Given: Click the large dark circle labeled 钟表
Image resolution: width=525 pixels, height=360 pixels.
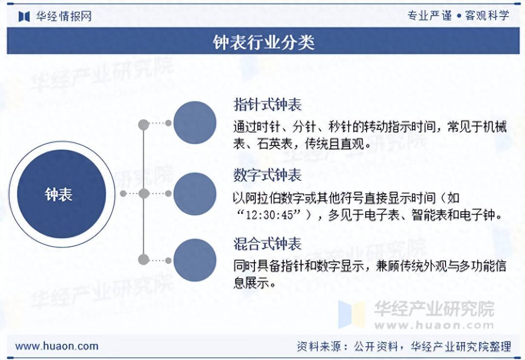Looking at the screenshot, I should point(61,194).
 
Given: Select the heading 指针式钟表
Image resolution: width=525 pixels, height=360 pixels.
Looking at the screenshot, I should point(267,104).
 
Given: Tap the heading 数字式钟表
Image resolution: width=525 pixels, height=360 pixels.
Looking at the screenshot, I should point(267,175).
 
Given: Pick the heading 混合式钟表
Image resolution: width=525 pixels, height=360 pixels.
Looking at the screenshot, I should point(267,244).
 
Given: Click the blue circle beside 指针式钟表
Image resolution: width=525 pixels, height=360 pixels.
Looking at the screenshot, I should point(195,123).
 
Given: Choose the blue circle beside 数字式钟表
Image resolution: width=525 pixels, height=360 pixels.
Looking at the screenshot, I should point(195,194).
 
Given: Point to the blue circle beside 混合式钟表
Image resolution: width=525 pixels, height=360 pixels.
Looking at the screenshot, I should point(195,260).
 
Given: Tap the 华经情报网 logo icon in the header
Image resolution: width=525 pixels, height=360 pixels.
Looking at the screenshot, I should point(24,16).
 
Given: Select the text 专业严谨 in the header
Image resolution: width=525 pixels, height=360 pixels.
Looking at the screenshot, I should point(429,16).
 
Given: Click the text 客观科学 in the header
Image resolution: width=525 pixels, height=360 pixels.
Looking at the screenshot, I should point(487,16).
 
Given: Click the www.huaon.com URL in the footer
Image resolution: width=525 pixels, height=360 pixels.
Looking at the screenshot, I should point(56,346).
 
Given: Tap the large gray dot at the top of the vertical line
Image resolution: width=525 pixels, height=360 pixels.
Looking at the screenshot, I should point(144,124).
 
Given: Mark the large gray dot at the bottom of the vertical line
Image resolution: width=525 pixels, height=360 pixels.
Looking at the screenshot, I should point(144,259).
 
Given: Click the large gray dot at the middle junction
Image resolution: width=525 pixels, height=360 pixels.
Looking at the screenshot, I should point(144,194).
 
